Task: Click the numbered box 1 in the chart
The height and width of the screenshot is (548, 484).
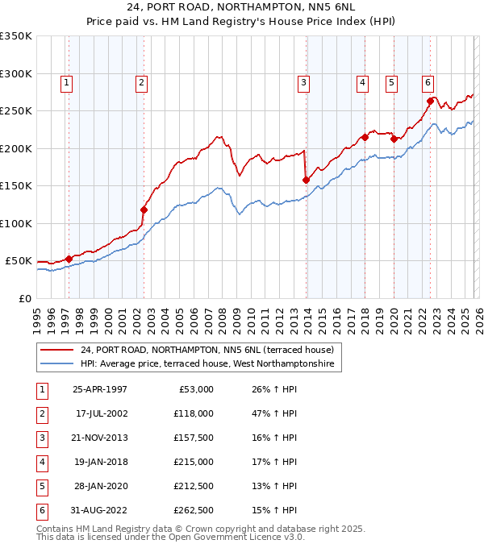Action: [x=66, y=81]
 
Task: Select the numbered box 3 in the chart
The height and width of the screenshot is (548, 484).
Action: [x=303, y=81]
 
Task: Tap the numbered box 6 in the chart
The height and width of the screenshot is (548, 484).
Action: [x=427, y=81]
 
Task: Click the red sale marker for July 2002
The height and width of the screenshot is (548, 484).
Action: [x=144, y=210]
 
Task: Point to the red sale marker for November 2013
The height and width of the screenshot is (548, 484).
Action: [x=306, y=180]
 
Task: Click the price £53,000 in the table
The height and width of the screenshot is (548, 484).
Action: [x=194, y=389]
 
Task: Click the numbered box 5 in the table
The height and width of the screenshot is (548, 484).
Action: [x=40, y=487]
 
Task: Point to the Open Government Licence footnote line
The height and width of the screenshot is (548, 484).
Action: [x=170, y=537]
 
